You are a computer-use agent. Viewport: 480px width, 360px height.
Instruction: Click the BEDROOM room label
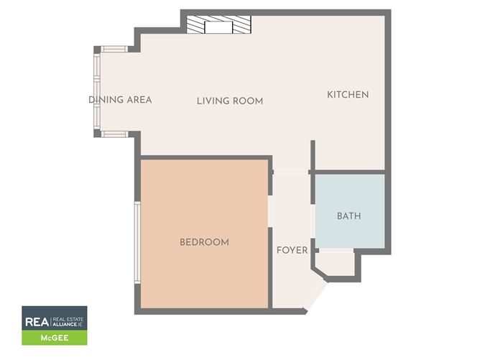[204, 242]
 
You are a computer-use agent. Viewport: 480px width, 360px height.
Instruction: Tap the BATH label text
[349, 216]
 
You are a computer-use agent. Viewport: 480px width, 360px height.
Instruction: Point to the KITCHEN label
[348, 95]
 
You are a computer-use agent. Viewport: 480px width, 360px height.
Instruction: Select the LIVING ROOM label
[230, 101]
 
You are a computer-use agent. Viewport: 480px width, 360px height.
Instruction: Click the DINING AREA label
[120, 100]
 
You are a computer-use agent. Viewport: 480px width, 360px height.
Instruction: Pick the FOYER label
[292, 250]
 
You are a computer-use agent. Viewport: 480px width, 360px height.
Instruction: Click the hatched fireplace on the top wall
[219, 24]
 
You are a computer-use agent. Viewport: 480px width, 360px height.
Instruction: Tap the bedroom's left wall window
[137, 242]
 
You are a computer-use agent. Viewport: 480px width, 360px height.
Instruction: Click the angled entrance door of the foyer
[315, 295]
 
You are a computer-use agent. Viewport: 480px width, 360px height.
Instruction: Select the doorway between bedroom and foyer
[270, 211]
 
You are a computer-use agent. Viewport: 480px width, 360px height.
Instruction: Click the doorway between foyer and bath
[313, 221]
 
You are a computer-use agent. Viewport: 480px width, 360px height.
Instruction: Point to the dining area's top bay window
[114, 49]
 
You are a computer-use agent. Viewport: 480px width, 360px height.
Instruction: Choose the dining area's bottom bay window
[114, 134]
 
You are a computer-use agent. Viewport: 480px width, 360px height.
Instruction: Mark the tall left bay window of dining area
[97, 91]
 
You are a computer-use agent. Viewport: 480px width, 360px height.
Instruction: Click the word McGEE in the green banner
[55, 338]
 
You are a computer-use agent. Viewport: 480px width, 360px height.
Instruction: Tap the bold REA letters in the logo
[37, 322]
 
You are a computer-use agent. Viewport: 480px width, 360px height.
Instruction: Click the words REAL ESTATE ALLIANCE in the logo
[68, 322]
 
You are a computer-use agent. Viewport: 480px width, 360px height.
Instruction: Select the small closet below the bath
[337, 264]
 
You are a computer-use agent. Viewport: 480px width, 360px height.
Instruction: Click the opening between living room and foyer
[291, 172]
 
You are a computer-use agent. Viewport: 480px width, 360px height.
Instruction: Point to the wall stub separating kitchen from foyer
[313, 155]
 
